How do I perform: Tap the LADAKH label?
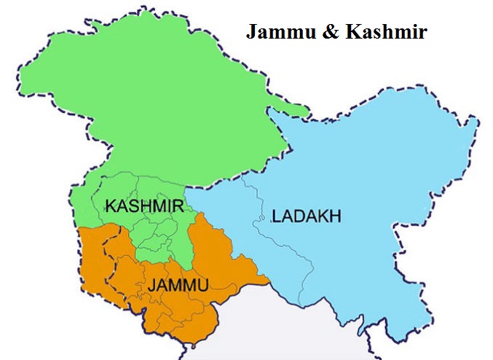[307, 216]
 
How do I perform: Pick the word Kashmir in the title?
[379, 33]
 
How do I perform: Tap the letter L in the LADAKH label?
[275, 216]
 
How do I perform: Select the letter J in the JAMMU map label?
[151, 285]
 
